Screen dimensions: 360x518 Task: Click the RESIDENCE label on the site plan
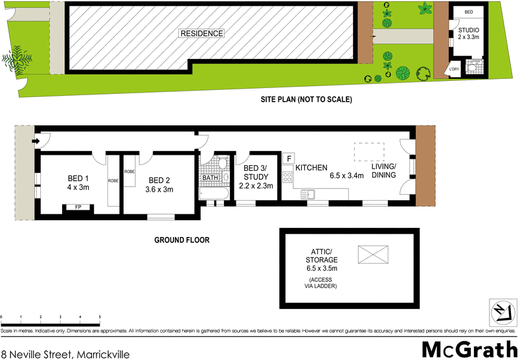coord(201,33)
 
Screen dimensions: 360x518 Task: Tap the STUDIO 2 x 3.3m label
coord(469,34)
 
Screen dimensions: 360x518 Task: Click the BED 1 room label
coord(78,183)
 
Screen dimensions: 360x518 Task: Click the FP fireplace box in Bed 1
coord(78,208)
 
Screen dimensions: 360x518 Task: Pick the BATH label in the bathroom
coord(210,178)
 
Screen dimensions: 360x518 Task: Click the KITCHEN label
coord(311,168)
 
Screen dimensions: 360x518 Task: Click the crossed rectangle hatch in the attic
coord(372,253)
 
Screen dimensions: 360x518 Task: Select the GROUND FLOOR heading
coord(181,240)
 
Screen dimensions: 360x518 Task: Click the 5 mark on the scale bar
coord(100,317)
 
